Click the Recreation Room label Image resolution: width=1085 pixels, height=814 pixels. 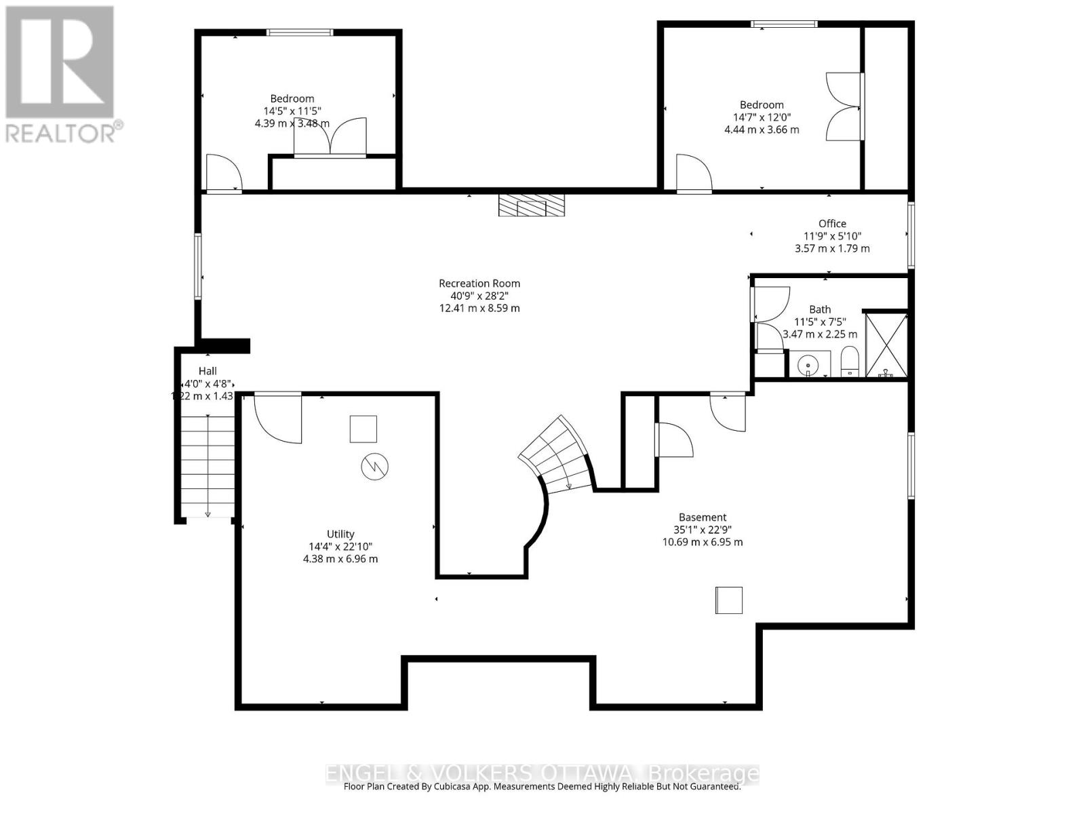coord(479,284)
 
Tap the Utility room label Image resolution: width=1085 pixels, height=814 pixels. coord(340,535)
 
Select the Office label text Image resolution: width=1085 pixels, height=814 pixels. coord(832,224)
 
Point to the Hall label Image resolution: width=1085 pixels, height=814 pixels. coord(208,371)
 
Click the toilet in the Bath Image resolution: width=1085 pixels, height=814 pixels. coord(850,362)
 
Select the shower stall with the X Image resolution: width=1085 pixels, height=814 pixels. coord(886,345)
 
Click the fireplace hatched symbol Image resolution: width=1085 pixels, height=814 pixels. coord(532,206)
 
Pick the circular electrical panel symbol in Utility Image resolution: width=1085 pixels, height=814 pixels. coord(374,467)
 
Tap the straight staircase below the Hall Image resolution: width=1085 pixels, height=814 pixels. coord(208,467)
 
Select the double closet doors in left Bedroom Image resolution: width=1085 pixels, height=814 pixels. coord(330,138)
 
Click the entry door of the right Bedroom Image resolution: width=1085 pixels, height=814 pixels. coord(693,174)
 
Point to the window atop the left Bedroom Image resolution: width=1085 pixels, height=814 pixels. coord(299,32)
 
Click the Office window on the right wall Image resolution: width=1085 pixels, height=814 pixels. coord(911,235)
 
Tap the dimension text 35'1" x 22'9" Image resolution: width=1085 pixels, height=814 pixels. coord(703,530)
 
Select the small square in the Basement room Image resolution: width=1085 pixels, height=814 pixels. coord(728,600)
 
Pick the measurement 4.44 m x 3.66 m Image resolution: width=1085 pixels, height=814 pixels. coord(762,130)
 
